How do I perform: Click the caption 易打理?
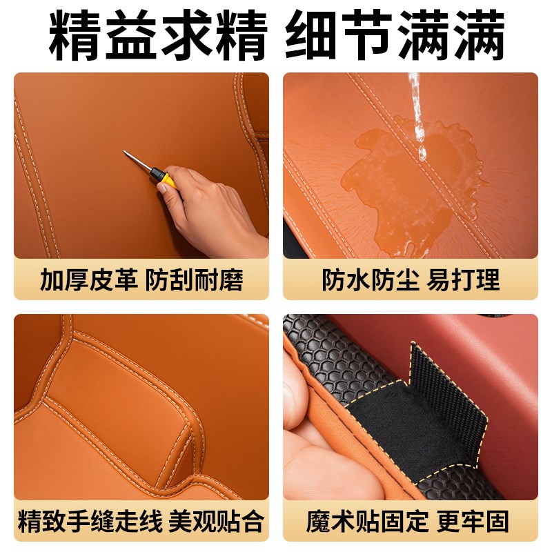pyautogui.click(x=464, y=280)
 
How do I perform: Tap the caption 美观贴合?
pyautogui.click(x=217, y=522)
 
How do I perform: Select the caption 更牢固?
pyautogui.click(x=472, y=522)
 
